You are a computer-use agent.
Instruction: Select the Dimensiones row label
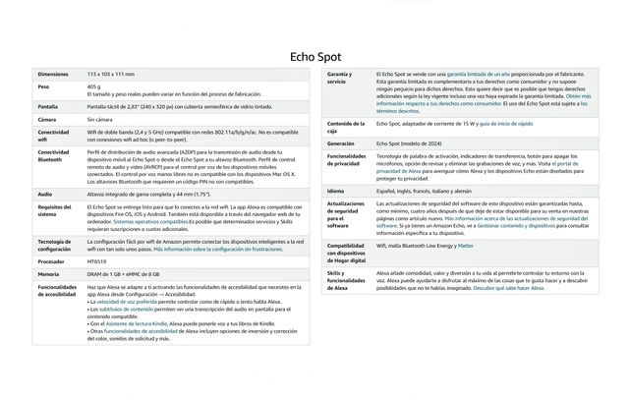point(53,75)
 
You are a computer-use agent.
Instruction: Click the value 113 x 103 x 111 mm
point(111,75)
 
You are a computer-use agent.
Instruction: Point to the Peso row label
point(44,87)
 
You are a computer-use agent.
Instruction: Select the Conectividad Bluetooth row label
point(55,157)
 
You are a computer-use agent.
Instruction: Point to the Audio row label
point(45,194)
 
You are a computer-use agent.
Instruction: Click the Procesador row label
point(54,262)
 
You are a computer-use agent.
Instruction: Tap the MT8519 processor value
point(99,262)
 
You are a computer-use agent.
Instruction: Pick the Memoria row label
point(50,274)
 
